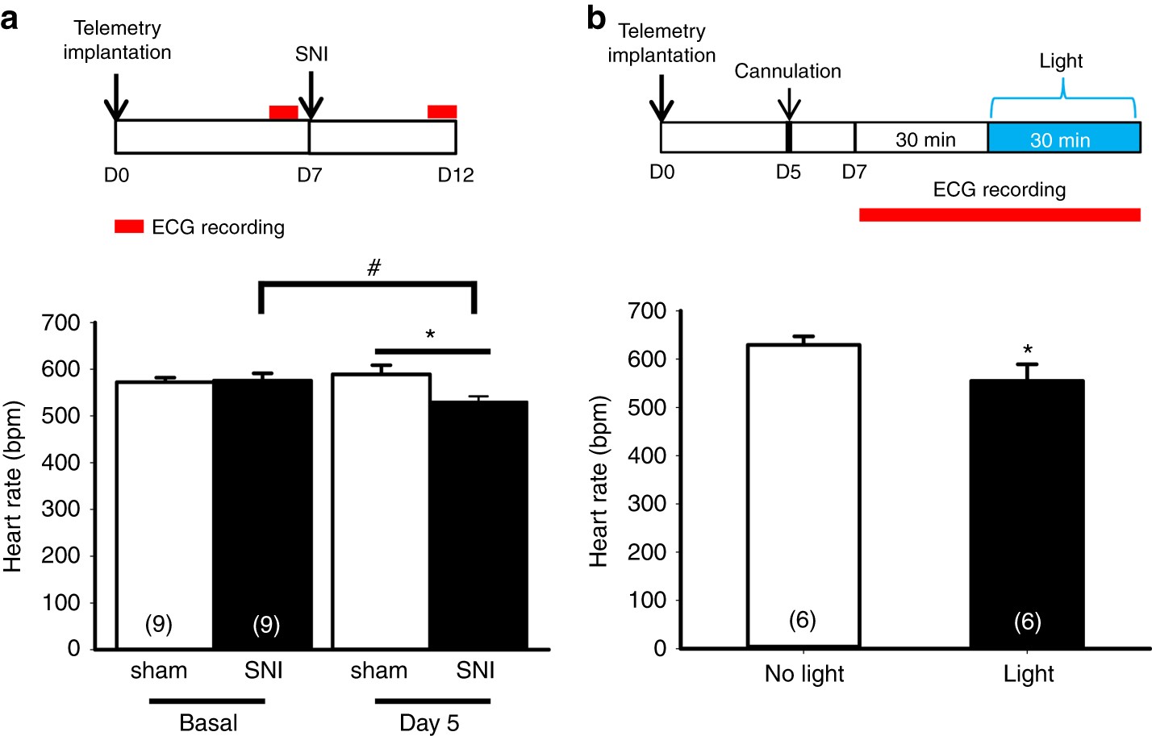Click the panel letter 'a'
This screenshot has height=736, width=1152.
[10, 18]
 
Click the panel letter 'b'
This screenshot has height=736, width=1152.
[596, 18]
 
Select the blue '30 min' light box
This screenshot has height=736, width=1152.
[1063, 139]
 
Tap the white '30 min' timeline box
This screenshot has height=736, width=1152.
[922, 139]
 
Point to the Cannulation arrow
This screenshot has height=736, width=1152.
[788, 105]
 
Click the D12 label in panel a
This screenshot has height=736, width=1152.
[455, 175]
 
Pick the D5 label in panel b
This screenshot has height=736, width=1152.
[787, 173]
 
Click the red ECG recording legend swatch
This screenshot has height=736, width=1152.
[129, 227]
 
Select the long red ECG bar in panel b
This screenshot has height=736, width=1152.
[1000, 214]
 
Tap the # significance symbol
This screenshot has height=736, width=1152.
[374, 268]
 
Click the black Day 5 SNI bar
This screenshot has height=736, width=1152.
[478, 524]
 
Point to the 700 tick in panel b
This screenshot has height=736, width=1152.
[647, 311]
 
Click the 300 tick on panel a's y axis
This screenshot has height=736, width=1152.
[61, 509]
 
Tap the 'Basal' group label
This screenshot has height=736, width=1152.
[208, 722]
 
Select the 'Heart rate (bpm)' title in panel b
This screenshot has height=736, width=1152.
[598, 481]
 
